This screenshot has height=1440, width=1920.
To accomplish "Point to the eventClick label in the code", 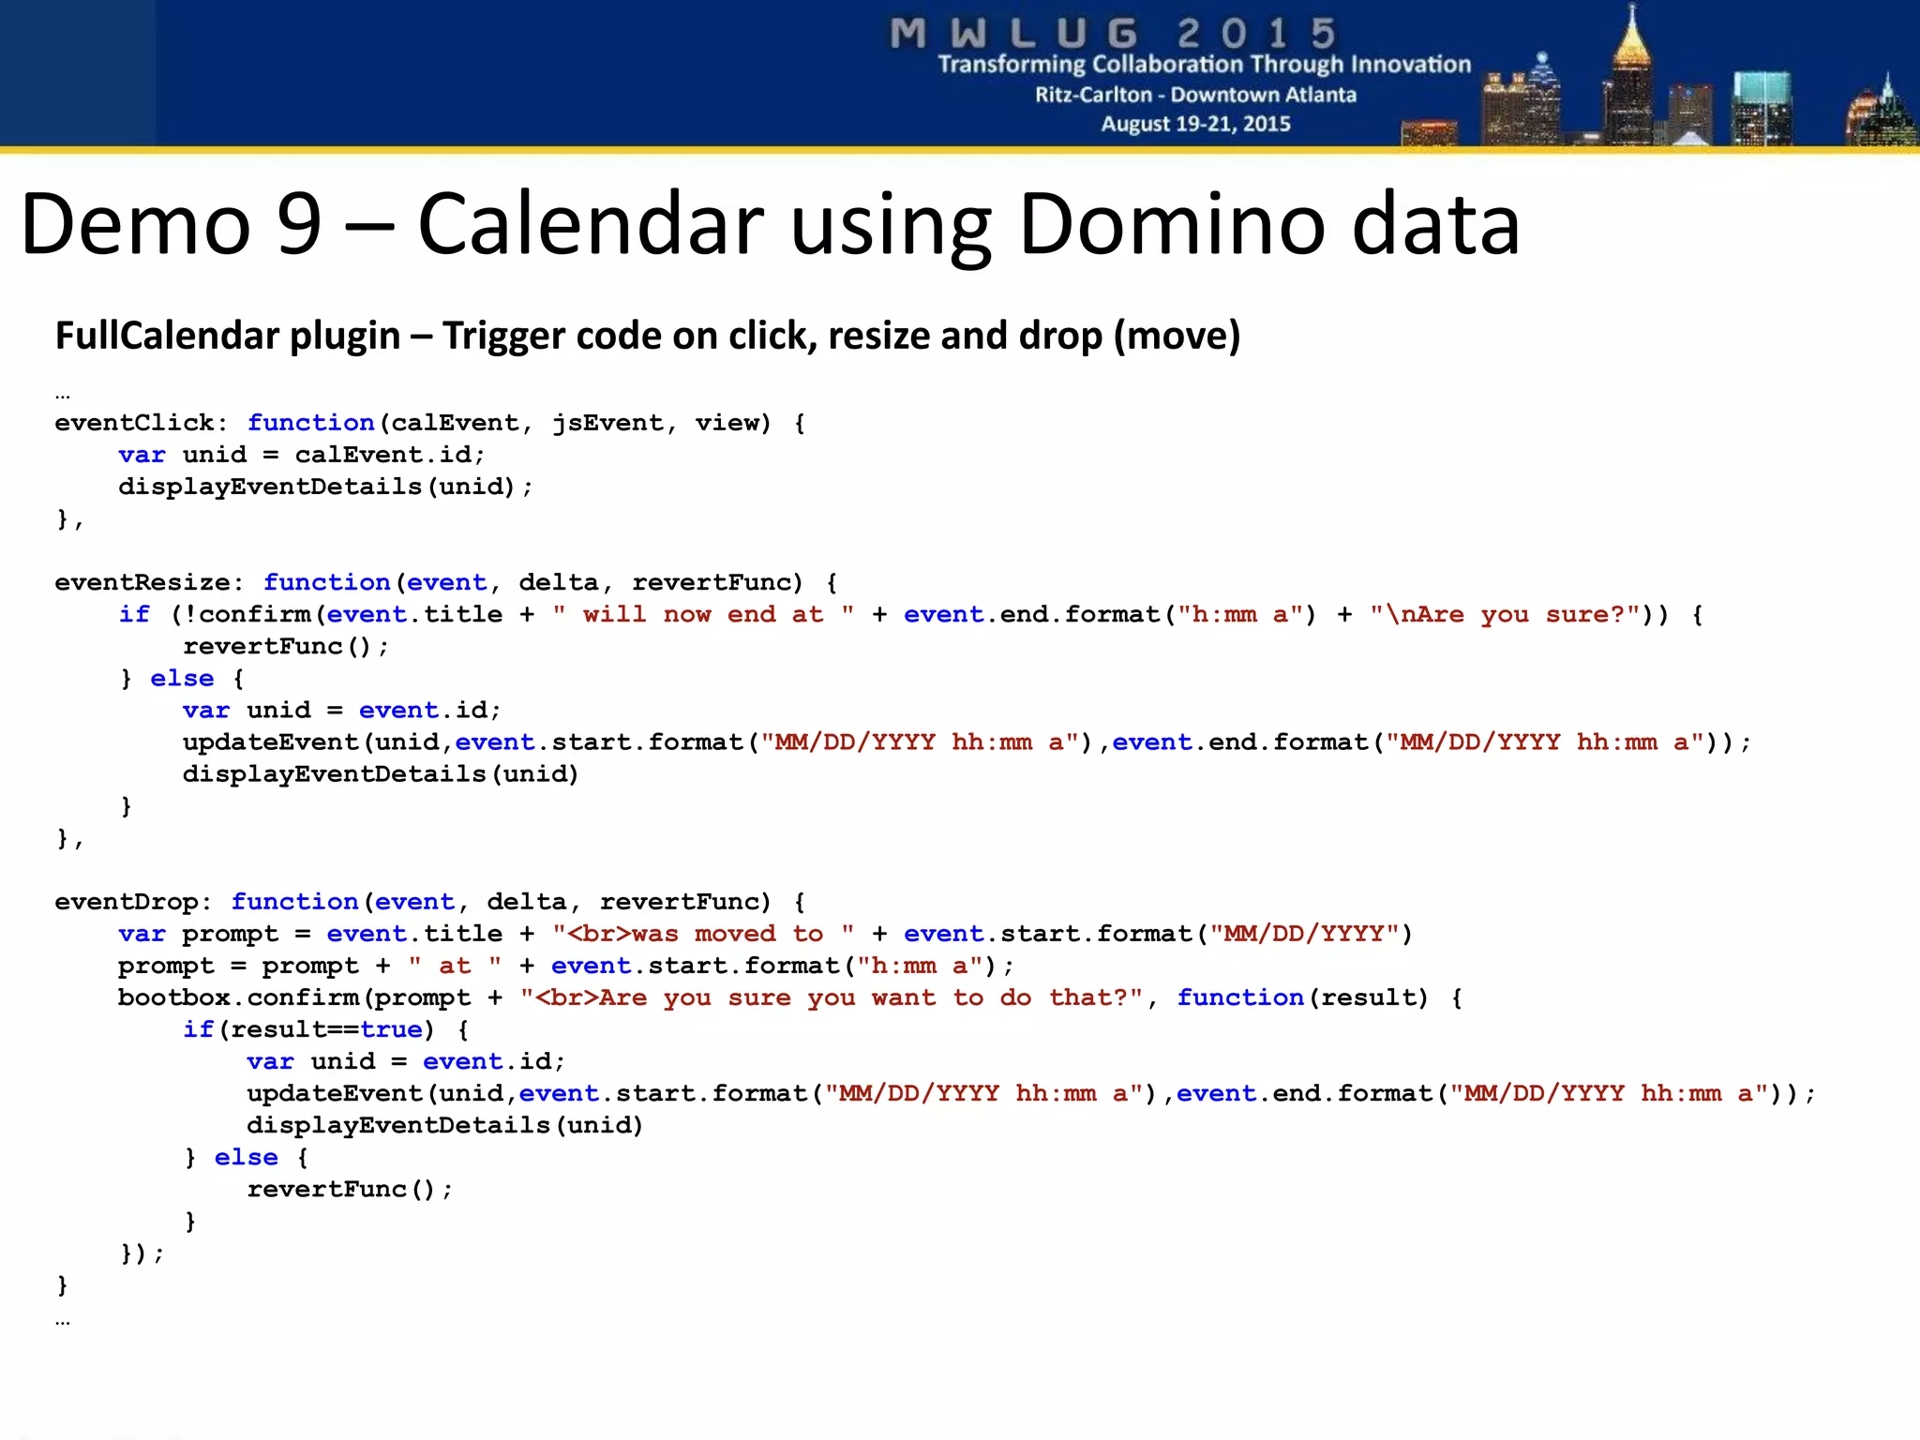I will tap(134, 423).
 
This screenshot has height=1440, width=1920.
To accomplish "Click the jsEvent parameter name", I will tap(607, 423).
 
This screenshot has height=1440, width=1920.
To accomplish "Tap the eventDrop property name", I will tap(127, 902).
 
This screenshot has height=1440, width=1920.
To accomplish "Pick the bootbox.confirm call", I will tap(238, 997).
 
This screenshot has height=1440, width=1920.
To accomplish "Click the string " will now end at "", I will tap(703, 614).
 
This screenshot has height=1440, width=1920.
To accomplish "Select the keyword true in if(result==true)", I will tap(391, 1029).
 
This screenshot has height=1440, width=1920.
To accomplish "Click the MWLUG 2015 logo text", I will tap(1113, 34).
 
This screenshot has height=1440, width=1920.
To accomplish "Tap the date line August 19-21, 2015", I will tap(1195, 124).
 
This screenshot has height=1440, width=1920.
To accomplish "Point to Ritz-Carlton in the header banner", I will tap(1093, 95).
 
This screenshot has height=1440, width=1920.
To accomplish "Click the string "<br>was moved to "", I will tap(702, 934).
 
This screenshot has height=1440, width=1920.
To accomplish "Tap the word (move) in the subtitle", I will tap(1177, 336).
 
